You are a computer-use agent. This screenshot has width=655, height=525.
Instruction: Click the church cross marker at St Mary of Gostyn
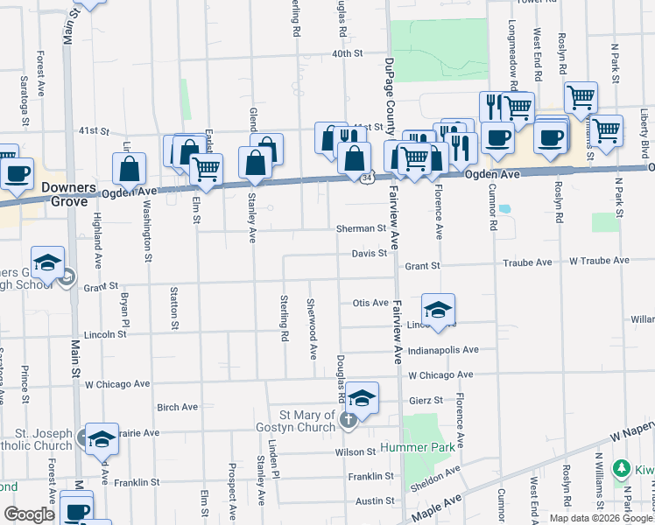coord(348,419)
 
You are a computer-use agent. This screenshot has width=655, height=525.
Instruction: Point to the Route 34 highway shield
coord(364,178)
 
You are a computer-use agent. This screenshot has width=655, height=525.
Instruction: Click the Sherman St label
coord(361,228)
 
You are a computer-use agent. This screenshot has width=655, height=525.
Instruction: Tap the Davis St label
coord(370,254)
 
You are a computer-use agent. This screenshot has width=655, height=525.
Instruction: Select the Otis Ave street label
coord(370,303)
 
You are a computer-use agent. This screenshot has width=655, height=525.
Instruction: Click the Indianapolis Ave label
coord(446,350)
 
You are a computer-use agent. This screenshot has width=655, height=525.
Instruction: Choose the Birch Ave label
coord(177,407)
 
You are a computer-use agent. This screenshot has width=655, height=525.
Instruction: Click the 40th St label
coord(347,54)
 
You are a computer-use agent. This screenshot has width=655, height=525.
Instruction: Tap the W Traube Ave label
coord(599,261)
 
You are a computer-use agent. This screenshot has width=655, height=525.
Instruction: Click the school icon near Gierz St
coord(362,397)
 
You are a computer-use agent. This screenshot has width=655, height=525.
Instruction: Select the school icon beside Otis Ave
coord(438,309)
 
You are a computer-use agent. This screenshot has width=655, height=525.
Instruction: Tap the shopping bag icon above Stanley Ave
coord(255,163)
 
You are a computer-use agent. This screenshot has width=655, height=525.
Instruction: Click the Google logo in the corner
coord(29,514)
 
